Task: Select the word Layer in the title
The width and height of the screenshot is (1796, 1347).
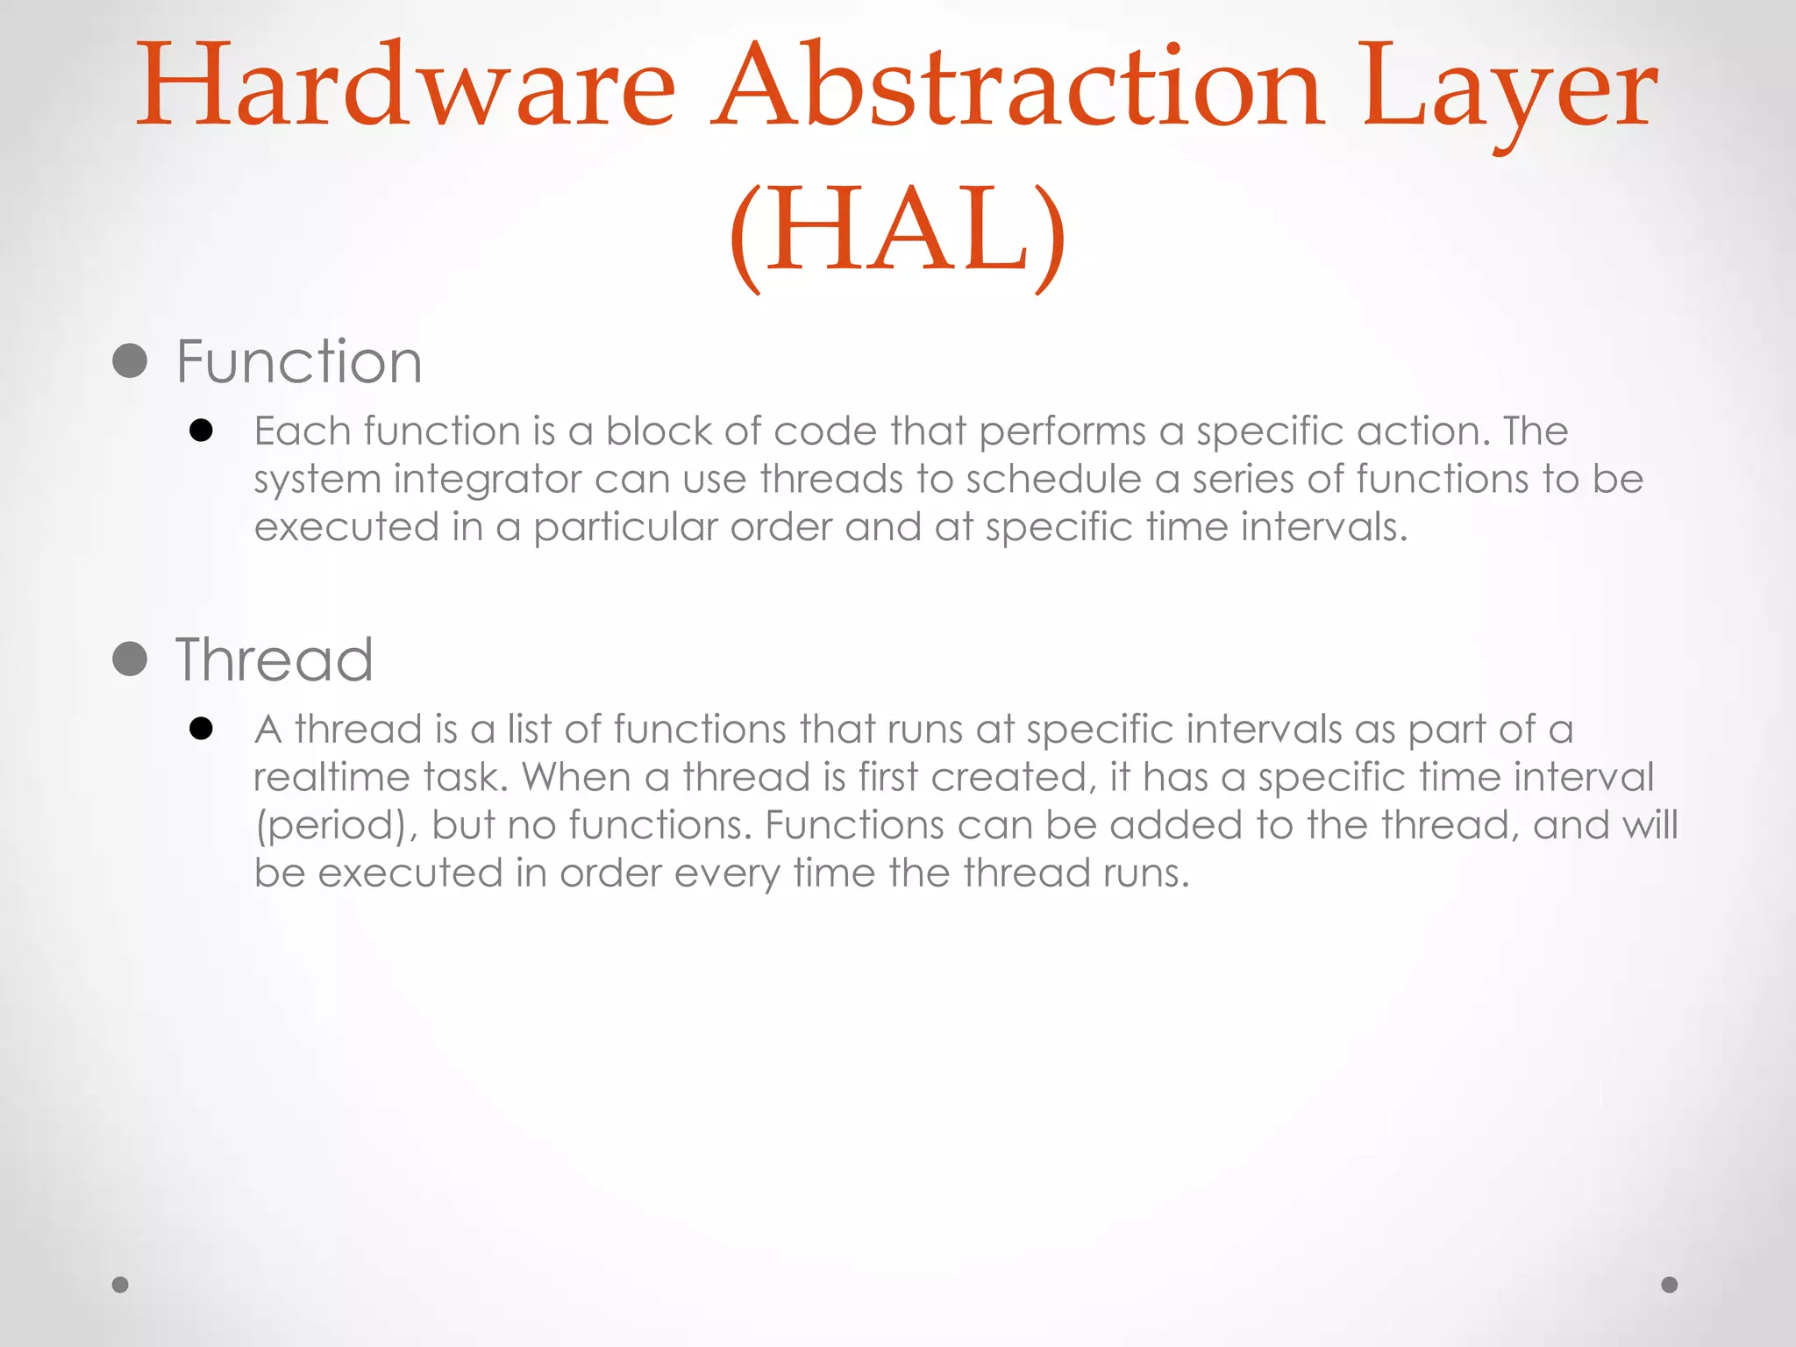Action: click(x=1508, y=92)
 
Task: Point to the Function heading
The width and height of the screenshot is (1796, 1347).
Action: click(x=299, y=361)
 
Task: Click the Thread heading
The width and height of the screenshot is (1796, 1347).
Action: click(x=274, y=659)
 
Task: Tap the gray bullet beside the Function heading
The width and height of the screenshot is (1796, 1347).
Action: click(x=130, y=360)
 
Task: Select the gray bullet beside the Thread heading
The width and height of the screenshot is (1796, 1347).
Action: click(x=130, y=659)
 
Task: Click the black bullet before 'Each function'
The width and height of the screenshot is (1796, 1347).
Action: click(x=201, y=431)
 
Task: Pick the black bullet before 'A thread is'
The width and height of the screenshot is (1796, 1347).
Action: click(x=201, y=729)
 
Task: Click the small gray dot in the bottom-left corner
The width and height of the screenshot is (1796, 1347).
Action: click(x=120, y=1285)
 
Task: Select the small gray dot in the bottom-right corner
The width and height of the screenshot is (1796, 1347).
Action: click(x=1670, y=1285)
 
